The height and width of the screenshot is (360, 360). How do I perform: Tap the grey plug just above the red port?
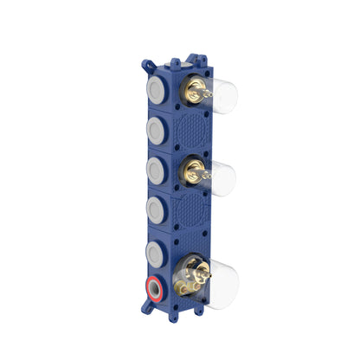coord(156,250)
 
